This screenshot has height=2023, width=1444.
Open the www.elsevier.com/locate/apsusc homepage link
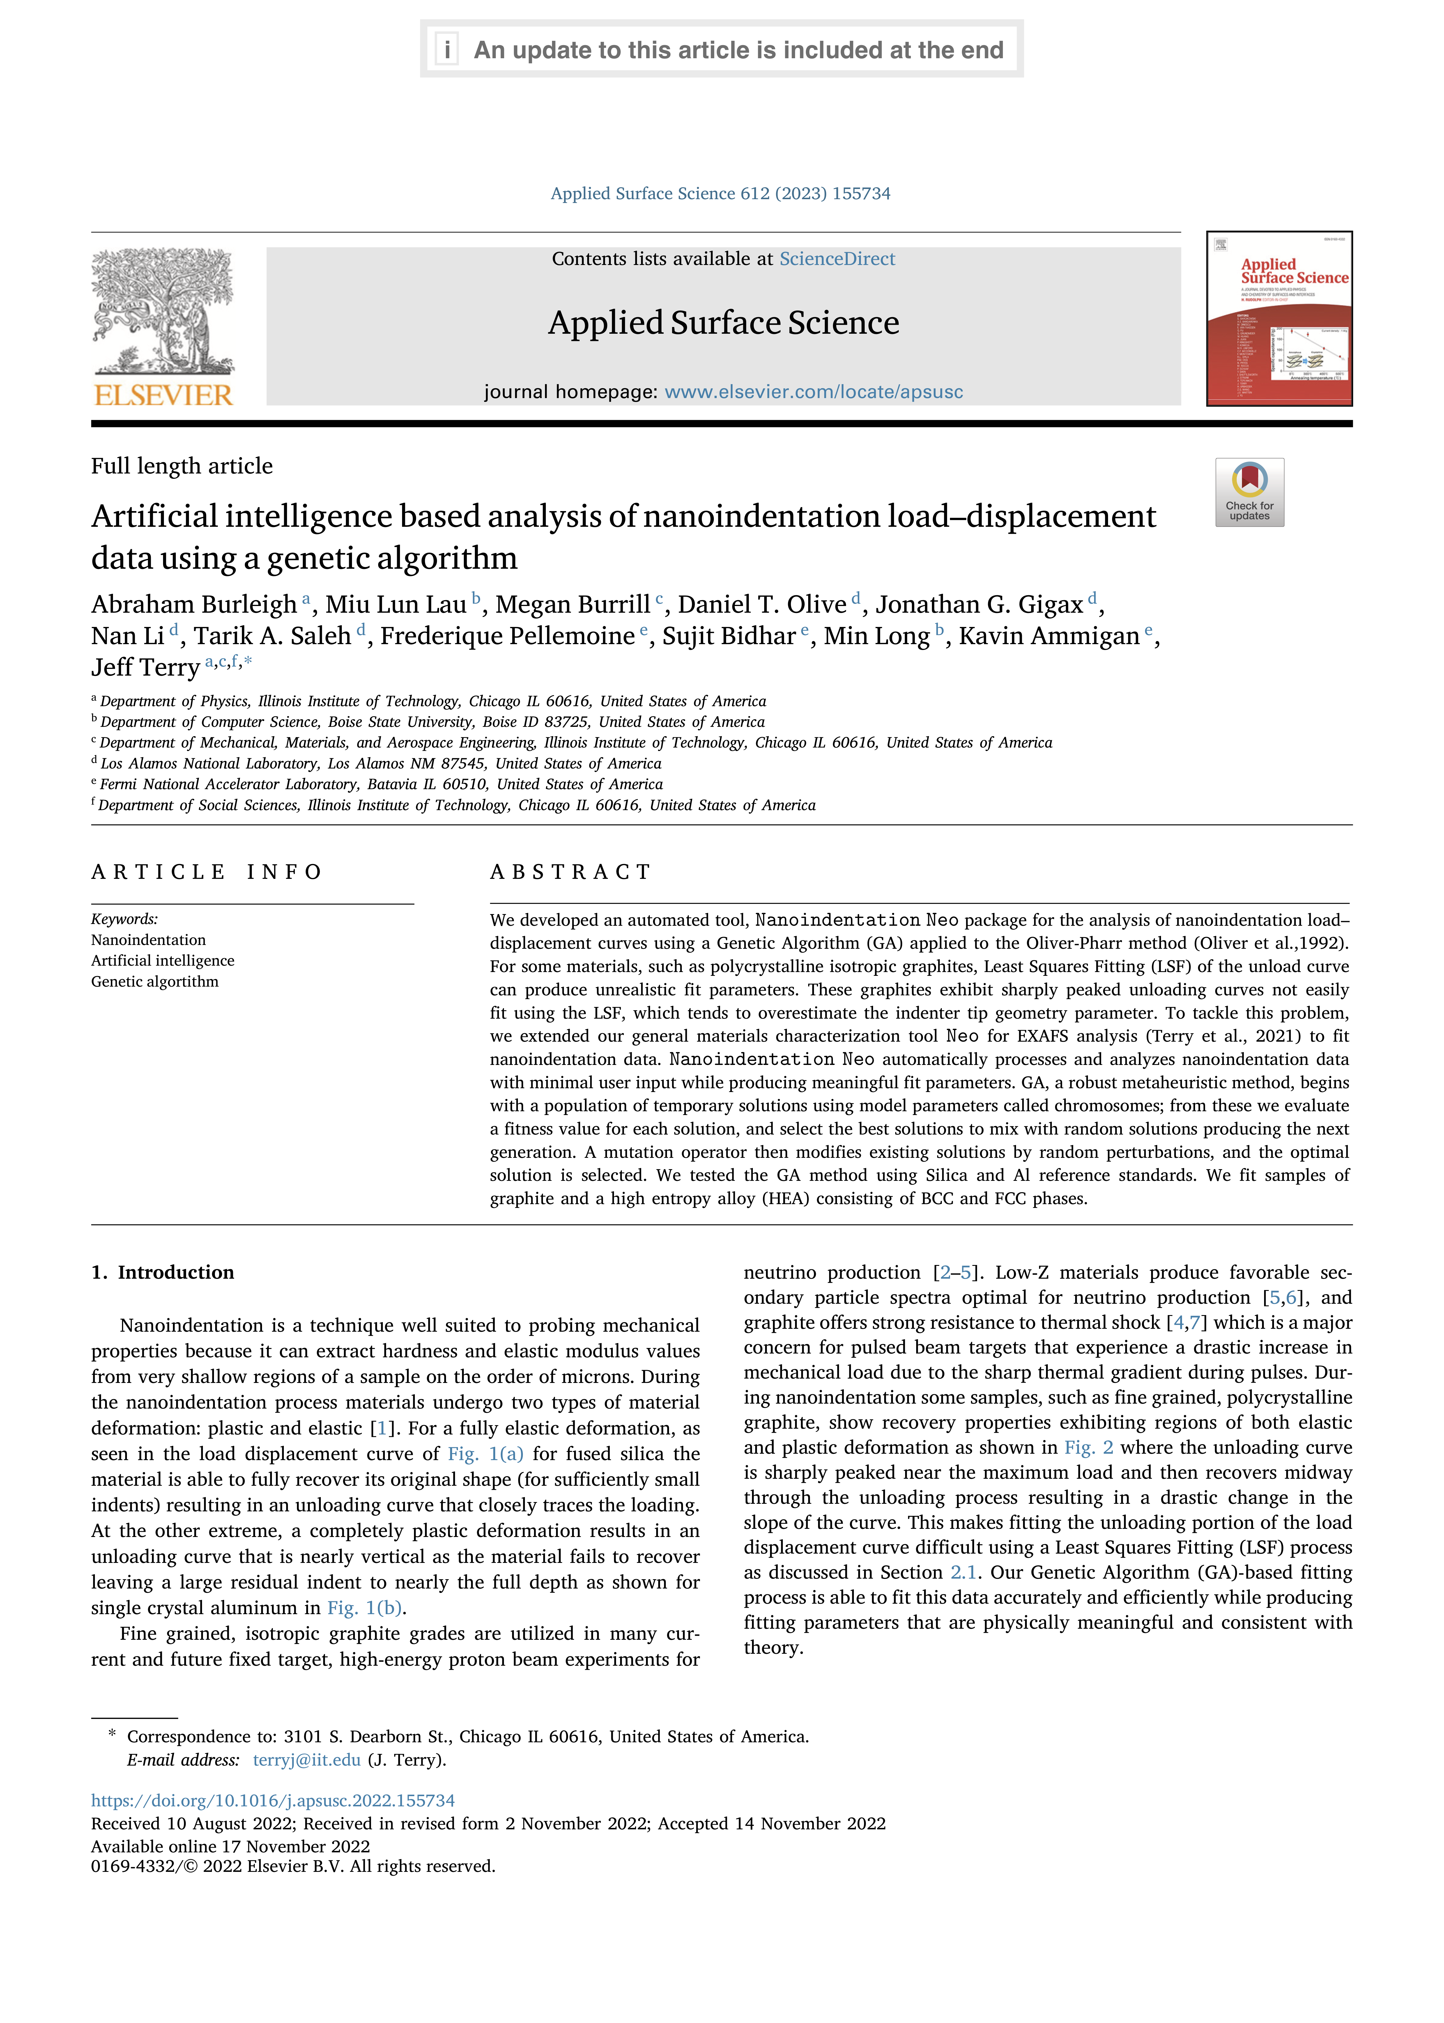(814, 392)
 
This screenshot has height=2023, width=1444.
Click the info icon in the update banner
(446, 50)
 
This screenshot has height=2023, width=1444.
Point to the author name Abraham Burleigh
(194, 605)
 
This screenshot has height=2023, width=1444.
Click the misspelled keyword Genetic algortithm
(155, 982)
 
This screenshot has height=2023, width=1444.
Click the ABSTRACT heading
(571, 872)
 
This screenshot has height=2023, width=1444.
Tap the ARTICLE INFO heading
(206, 872)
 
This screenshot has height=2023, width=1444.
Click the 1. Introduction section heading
(163, 1273)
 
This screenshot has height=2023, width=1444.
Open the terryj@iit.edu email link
(307, 1760)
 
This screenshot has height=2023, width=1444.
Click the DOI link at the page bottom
(273, 1801)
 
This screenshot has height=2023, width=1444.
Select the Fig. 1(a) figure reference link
(486, 1454)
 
